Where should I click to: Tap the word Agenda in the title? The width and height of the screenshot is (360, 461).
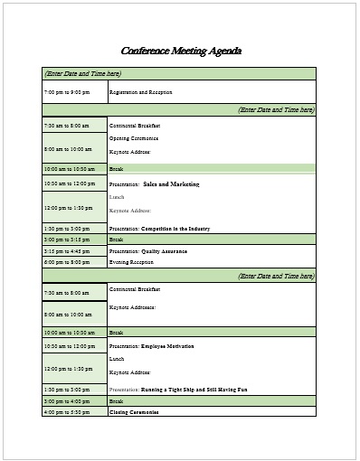pos(223,52)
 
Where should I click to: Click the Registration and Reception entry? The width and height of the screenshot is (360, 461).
pos(140,92)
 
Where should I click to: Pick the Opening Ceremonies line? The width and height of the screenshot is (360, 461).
pos(134,138)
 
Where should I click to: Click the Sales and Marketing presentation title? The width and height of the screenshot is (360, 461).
pos(171,183)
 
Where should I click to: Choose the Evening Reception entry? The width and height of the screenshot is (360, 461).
pos(131,261)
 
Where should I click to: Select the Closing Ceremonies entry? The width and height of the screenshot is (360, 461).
pos(134,411)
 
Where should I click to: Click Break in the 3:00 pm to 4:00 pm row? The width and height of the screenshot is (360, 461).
pos(116,400)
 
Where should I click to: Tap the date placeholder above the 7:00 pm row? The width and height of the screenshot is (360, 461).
pos(82,73)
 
